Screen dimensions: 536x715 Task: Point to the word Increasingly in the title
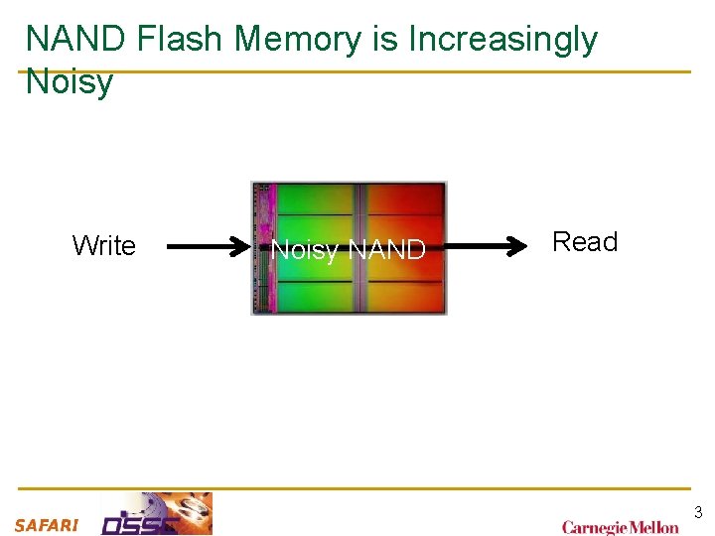[503, 40]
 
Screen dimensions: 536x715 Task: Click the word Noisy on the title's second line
[70, 81]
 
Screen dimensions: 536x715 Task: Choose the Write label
[104, 246]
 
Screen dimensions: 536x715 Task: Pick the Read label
[585, 242]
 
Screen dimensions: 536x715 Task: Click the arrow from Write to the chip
[209, 246]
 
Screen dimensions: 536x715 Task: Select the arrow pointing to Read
[477, 246]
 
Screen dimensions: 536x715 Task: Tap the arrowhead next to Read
[517, 246]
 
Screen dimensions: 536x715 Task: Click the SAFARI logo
[46, 525]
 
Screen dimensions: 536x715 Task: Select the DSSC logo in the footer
[157, 514]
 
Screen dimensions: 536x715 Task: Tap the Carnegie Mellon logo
[621, 526]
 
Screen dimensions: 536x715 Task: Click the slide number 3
[698, 513]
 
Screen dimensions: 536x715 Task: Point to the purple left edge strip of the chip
[262, 248]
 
